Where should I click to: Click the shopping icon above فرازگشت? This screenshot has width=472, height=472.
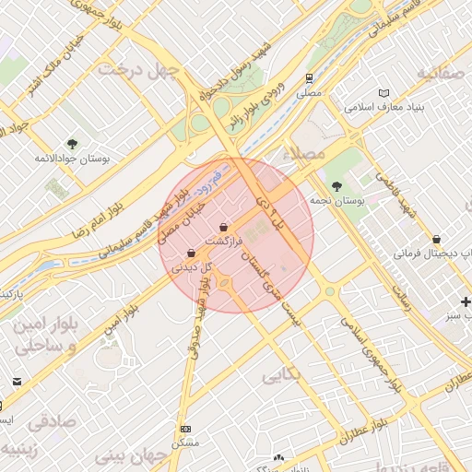[x=225, y=227]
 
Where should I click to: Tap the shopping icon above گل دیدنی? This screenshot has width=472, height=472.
[x=191, y=253]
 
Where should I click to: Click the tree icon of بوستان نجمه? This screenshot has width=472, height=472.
[x=335, y=187]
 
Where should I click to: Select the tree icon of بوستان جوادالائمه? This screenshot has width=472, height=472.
[x=72, y=144]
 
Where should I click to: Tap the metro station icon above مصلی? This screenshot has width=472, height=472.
[x=308, y=78]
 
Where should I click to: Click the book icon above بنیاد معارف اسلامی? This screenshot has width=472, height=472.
[x=383, y=92]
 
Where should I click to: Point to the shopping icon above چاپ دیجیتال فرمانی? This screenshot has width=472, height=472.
[x=448, y=239]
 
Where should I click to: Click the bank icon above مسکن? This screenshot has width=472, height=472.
[x=186, y=429]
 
